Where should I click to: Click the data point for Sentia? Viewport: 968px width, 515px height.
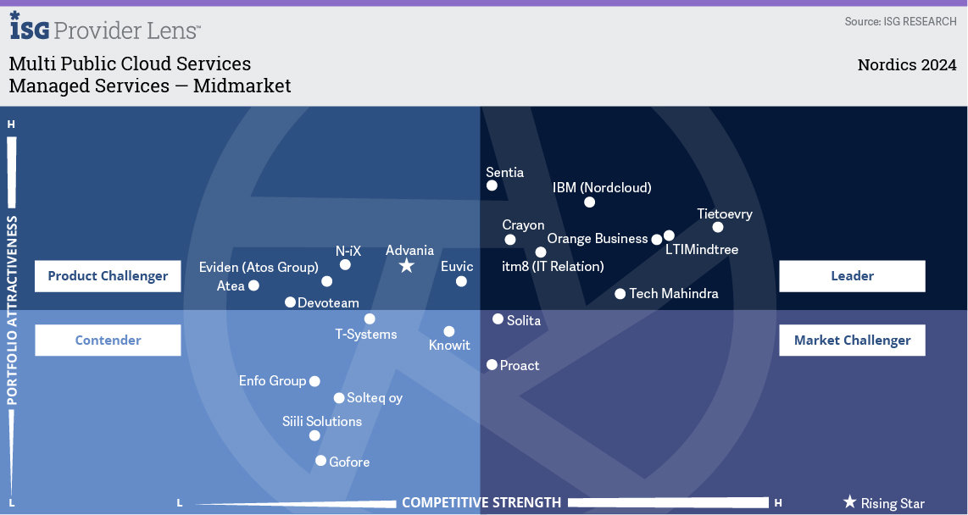click(x=492, y=186)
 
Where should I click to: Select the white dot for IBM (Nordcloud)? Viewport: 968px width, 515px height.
click(x=590, y=202)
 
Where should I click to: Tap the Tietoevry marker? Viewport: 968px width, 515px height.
click(x=718, y=227)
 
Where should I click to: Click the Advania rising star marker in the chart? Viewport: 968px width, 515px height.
click(x=407, y=266)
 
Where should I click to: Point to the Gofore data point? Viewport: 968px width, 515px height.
click(x=320, y=461)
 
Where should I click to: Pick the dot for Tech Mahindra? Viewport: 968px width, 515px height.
click(x=620, y=294)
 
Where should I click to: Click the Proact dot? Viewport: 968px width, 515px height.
click(x=492, y=365)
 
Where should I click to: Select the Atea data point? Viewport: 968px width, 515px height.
click(x=253, y=285)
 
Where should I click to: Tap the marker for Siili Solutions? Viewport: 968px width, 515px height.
click(x=314, y=435)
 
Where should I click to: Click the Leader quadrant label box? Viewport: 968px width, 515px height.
click(x=852, y=276)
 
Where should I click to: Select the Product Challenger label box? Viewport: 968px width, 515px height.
click(x=108, y=276)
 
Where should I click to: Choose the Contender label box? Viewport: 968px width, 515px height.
click(x=108, y=341)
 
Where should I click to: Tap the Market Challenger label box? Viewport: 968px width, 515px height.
click(x=852, y=341)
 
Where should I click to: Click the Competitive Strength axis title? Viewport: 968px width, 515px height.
click(x=481, y=502)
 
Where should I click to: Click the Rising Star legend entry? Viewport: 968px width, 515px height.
click(x=883, y=503)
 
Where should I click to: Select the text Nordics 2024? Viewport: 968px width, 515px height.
click(x=906, y=65)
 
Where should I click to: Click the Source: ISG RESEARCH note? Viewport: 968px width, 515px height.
click(x=900, y=21)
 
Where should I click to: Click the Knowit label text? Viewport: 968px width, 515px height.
click(x=449, y=346)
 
